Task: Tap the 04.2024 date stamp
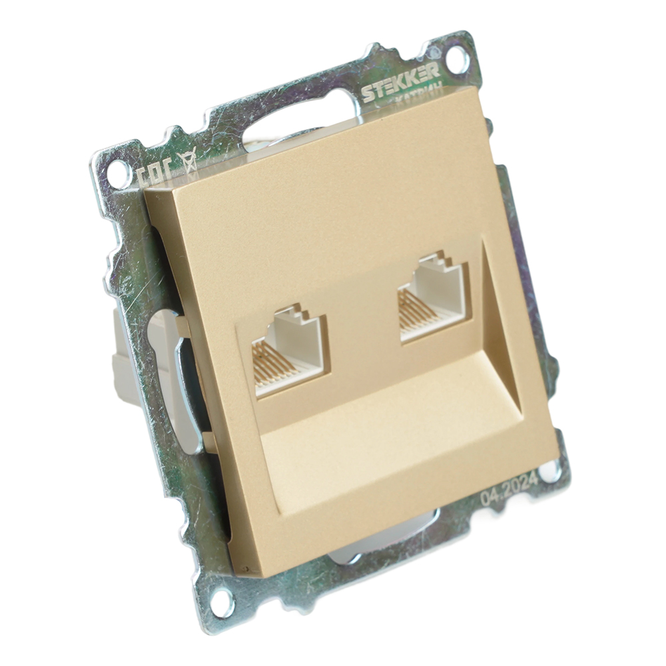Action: [x=509, y=492]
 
